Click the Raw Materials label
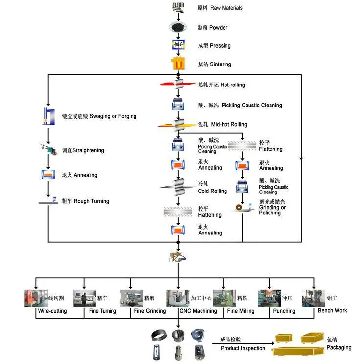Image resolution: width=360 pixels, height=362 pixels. pos(220,8)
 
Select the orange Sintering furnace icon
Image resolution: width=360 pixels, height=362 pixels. pos(178,64)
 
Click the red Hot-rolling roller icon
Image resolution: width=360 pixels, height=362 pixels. pos(178,84)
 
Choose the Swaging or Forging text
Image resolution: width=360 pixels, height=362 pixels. pos(99,116)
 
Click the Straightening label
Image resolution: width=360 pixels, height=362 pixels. pos(83,150)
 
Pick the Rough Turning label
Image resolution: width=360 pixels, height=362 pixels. pos(85,201)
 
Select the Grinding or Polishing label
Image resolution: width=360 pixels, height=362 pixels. pos(273,207)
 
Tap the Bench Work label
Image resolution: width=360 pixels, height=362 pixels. pos(333,310)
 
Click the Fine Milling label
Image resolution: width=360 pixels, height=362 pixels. pos(241,311)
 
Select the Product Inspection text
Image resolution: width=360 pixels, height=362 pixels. pos(243,348)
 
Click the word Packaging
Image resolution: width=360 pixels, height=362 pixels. pos(339,347)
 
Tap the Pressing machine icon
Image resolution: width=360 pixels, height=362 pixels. pos(178,45)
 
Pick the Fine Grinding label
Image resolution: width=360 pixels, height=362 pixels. pos(150,311)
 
